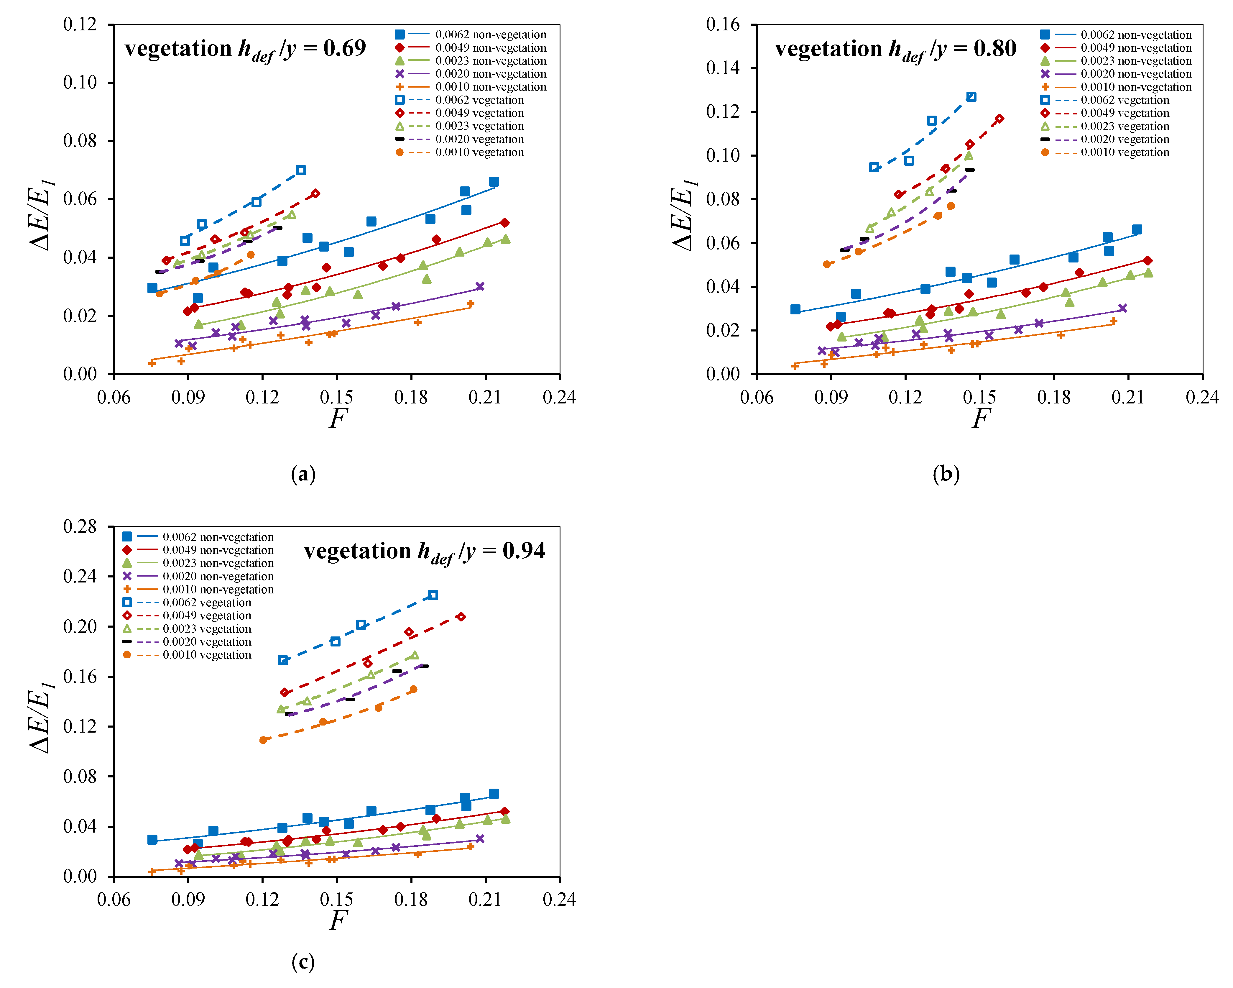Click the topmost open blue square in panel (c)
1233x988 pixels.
pyautogui.click(x=433, y=595)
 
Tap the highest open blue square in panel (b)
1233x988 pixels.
pyautogui.click(x=971, y=97)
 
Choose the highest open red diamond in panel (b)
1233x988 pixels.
pyautogui.click(x=999, y=119)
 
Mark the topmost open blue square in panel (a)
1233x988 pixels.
pyautogui.click(x=301, y=170)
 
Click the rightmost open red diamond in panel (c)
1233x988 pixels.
pyautogui.click(x=461, y=617)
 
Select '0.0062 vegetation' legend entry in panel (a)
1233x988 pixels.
pyautogui.click(x=479, y=100)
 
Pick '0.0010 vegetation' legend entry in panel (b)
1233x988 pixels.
pyautogui.click(x=1124, y=152)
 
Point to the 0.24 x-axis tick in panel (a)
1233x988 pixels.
pyautogui.click(x=559, y=397)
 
